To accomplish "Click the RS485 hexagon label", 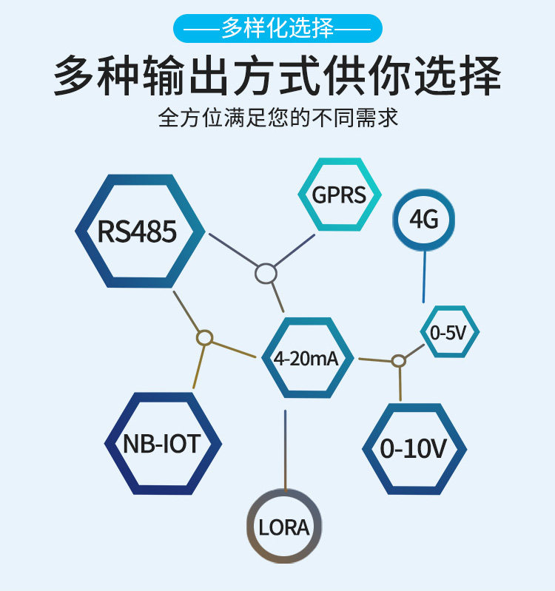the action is [x=137, y=231].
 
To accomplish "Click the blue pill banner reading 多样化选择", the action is [x=277, y=28].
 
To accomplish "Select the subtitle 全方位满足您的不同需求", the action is [x=278, y=118].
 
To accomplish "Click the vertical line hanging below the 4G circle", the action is [x=425, y=277].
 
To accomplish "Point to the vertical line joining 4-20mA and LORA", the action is [x=286, y=450].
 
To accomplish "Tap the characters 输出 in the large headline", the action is [x=186, y=75].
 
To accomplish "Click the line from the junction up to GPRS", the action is [x=295, y=250].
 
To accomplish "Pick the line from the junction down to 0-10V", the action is [x=400, y=384].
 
